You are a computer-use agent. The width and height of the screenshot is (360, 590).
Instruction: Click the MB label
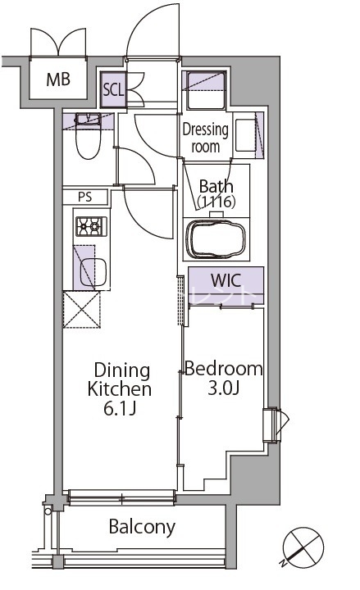point(58,79)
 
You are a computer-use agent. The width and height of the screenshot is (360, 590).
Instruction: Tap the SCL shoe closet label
point(113,89)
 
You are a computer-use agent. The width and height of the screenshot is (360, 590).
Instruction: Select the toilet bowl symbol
point(88,136)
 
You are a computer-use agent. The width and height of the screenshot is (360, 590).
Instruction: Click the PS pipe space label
point(85,197)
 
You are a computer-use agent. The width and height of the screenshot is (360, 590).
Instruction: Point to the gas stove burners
point(92,226)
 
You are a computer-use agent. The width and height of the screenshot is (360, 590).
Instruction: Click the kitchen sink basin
point(93,272)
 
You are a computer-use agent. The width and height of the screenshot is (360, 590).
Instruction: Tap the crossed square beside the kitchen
point(82,309)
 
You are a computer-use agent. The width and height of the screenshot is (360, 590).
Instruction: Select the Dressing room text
point(205,138)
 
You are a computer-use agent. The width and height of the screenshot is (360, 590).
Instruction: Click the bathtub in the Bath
point(216,239)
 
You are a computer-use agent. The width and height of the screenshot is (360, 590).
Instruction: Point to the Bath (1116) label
point(216,194)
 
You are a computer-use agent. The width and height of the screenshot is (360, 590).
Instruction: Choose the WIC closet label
point(226,280)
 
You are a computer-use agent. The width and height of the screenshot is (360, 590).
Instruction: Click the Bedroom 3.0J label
point(223,378)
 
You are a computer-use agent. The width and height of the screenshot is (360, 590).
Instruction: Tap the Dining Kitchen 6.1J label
point(120,388)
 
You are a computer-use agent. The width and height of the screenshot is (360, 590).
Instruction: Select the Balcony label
point(142,527)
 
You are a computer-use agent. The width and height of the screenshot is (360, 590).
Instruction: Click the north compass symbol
point(303,547)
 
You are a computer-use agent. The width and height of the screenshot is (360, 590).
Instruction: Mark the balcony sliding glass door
point(122,497)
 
